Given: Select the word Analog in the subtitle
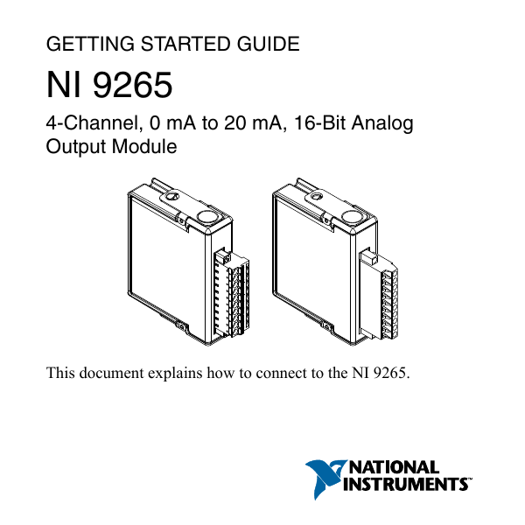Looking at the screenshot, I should (382, 124).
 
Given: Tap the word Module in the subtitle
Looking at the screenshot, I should (144, 147).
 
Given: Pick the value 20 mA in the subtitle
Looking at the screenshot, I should (248, 124).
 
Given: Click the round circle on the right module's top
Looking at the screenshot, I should (353, 216).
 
